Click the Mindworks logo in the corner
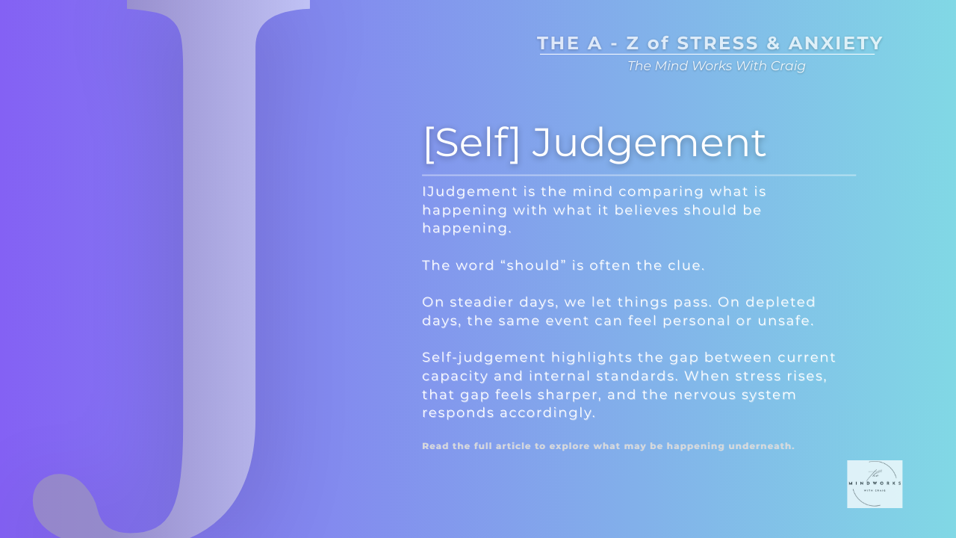click(x=875, y=484)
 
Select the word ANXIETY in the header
click(x=836, y=43)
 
